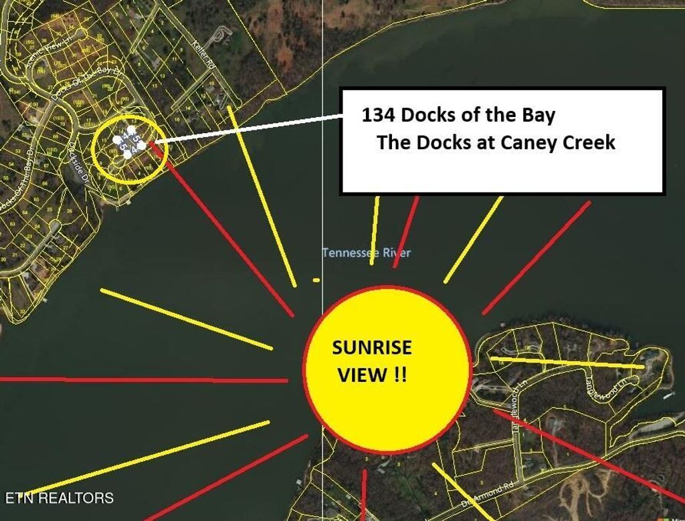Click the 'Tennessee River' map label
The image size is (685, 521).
point(367,253)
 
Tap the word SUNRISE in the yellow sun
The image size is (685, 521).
point(373,348)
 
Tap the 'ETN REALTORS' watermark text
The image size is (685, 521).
point(60,498)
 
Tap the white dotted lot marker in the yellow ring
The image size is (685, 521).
point(129,142)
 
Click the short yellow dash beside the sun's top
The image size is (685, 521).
point(316,280)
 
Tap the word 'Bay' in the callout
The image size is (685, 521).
point(539,115)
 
